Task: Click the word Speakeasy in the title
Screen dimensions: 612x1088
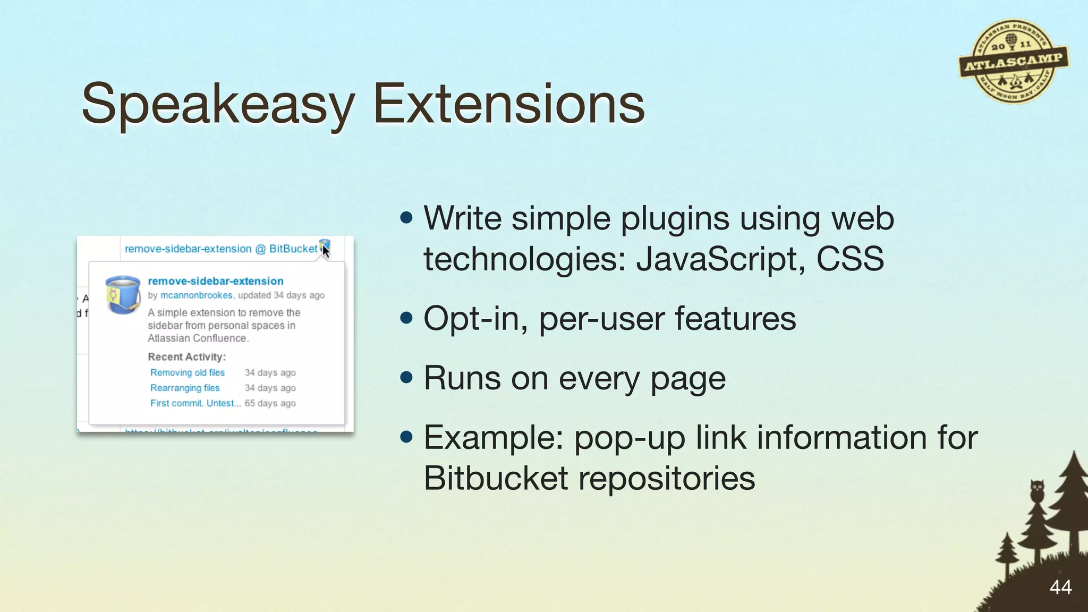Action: click(218, 104)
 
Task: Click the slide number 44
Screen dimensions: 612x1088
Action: click(1060, 587)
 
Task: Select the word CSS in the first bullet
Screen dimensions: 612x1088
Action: click(850, 259)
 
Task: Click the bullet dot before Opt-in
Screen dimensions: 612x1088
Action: click(406, 318)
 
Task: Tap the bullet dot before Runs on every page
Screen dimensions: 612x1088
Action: click(406, 378)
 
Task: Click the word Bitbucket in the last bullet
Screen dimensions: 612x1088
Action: click(496, 478)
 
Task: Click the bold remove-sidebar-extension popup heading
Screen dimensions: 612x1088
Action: click(215, 281)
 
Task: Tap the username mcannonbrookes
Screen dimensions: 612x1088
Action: click(196, 295)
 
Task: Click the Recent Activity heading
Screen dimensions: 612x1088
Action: click(186, 357)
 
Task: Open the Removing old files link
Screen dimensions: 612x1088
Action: click(187, 372)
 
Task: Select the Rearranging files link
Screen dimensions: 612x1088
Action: click(184, 388)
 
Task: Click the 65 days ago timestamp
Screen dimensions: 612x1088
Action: click(270, 403)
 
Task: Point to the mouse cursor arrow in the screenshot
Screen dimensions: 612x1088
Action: click(326, 251)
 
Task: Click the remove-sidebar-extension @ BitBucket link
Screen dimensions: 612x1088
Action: click(220, 249)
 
